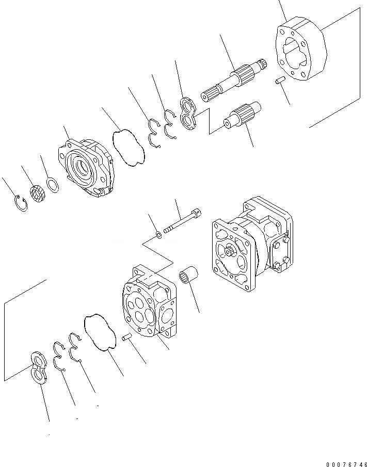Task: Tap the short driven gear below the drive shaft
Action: pyautogui.click(x=243, y=116)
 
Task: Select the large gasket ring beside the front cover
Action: pyautogui.click(x=129, y=148)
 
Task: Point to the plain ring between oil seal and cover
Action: pyautogui.click(x=53, y=184)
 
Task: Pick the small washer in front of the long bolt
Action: pyautogui.click(x=159, y=236)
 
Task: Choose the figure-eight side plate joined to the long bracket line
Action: pyautogui.click(x=39, y=367)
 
